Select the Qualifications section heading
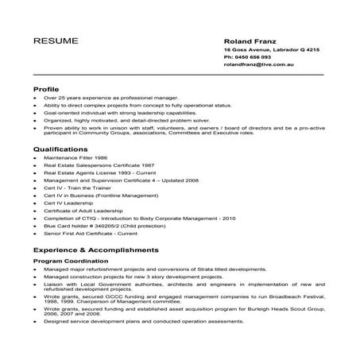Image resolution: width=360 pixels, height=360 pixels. pyautogui.click(x=60, y=148)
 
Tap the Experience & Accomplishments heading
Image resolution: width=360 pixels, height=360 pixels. pyautogui.click(x=95, y=250)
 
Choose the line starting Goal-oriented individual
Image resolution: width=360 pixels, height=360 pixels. pyautogui.click(x=118, y=113)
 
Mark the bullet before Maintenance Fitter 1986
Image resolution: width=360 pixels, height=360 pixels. pyautogui.click(x=36, y=158)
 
